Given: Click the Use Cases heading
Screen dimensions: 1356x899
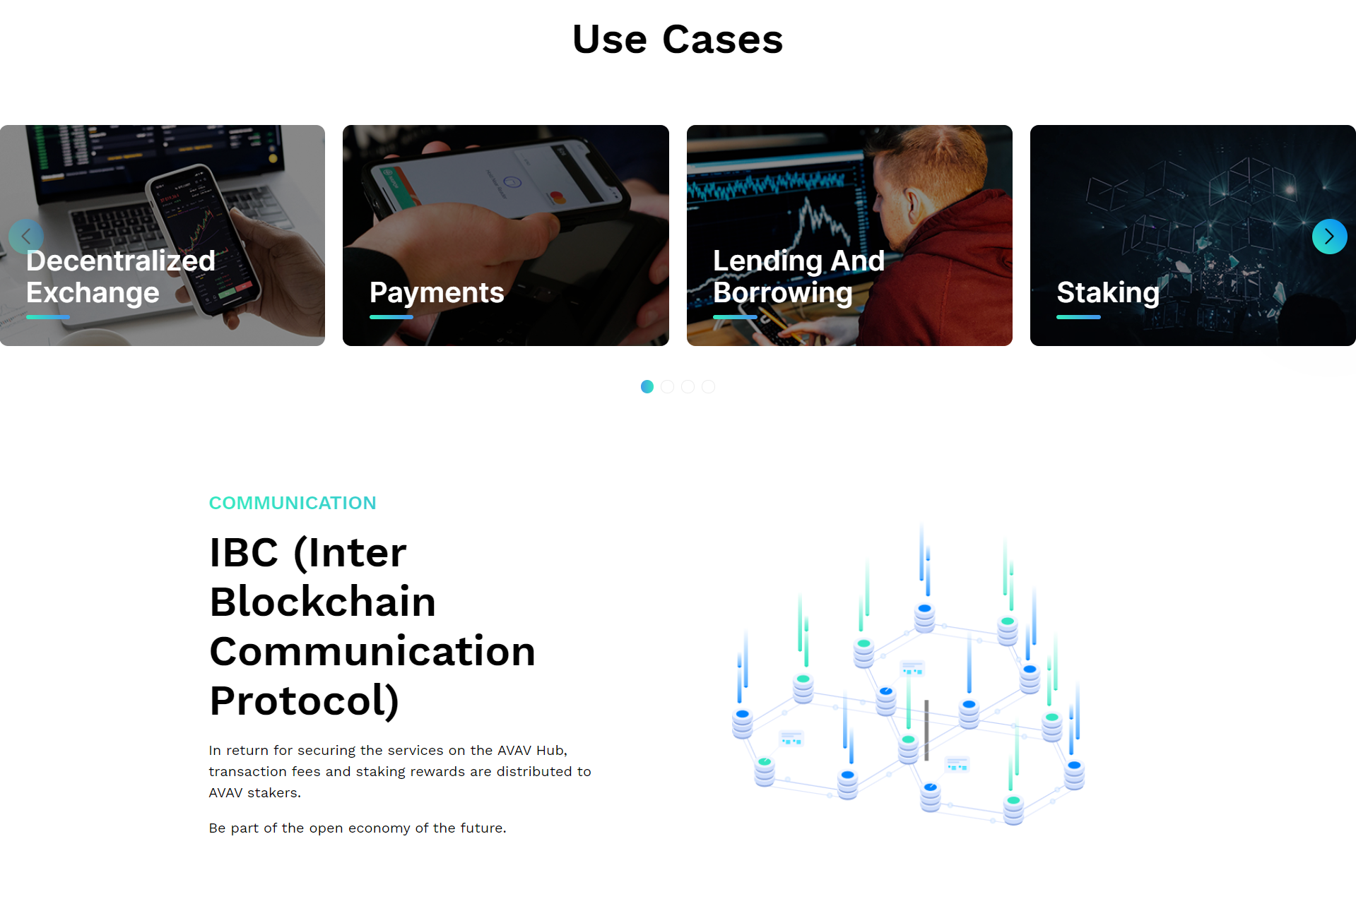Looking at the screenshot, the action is point(678,40).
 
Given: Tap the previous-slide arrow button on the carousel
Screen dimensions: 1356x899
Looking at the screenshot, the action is point(26,237).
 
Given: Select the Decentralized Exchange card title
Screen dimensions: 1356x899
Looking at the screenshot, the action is point(121,277).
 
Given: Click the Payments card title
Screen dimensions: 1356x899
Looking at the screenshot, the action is point(437,293).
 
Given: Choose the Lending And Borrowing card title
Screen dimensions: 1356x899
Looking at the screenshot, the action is point(798,277).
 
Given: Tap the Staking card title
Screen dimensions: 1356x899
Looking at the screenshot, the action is point(1108,293).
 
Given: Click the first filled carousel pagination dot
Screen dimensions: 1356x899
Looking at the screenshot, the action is point(647,387).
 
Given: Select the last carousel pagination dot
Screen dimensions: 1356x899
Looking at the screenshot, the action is point(708,387).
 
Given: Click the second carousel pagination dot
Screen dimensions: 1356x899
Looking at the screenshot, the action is point(668,387).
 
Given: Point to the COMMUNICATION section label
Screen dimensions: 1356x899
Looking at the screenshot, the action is point(293,503).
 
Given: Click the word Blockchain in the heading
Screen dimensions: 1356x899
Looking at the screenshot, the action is point(323,602).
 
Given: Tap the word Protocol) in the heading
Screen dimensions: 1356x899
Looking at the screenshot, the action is point(305,701).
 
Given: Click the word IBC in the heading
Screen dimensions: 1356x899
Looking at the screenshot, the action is point(244,552).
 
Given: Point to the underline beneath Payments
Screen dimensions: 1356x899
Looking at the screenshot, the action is point(391,317).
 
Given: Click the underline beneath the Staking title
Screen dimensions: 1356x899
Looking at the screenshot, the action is point(1078,317).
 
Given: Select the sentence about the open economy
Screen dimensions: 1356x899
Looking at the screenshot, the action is point(358,828).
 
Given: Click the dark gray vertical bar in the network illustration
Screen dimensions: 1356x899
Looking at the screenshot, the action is point(926,730).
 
